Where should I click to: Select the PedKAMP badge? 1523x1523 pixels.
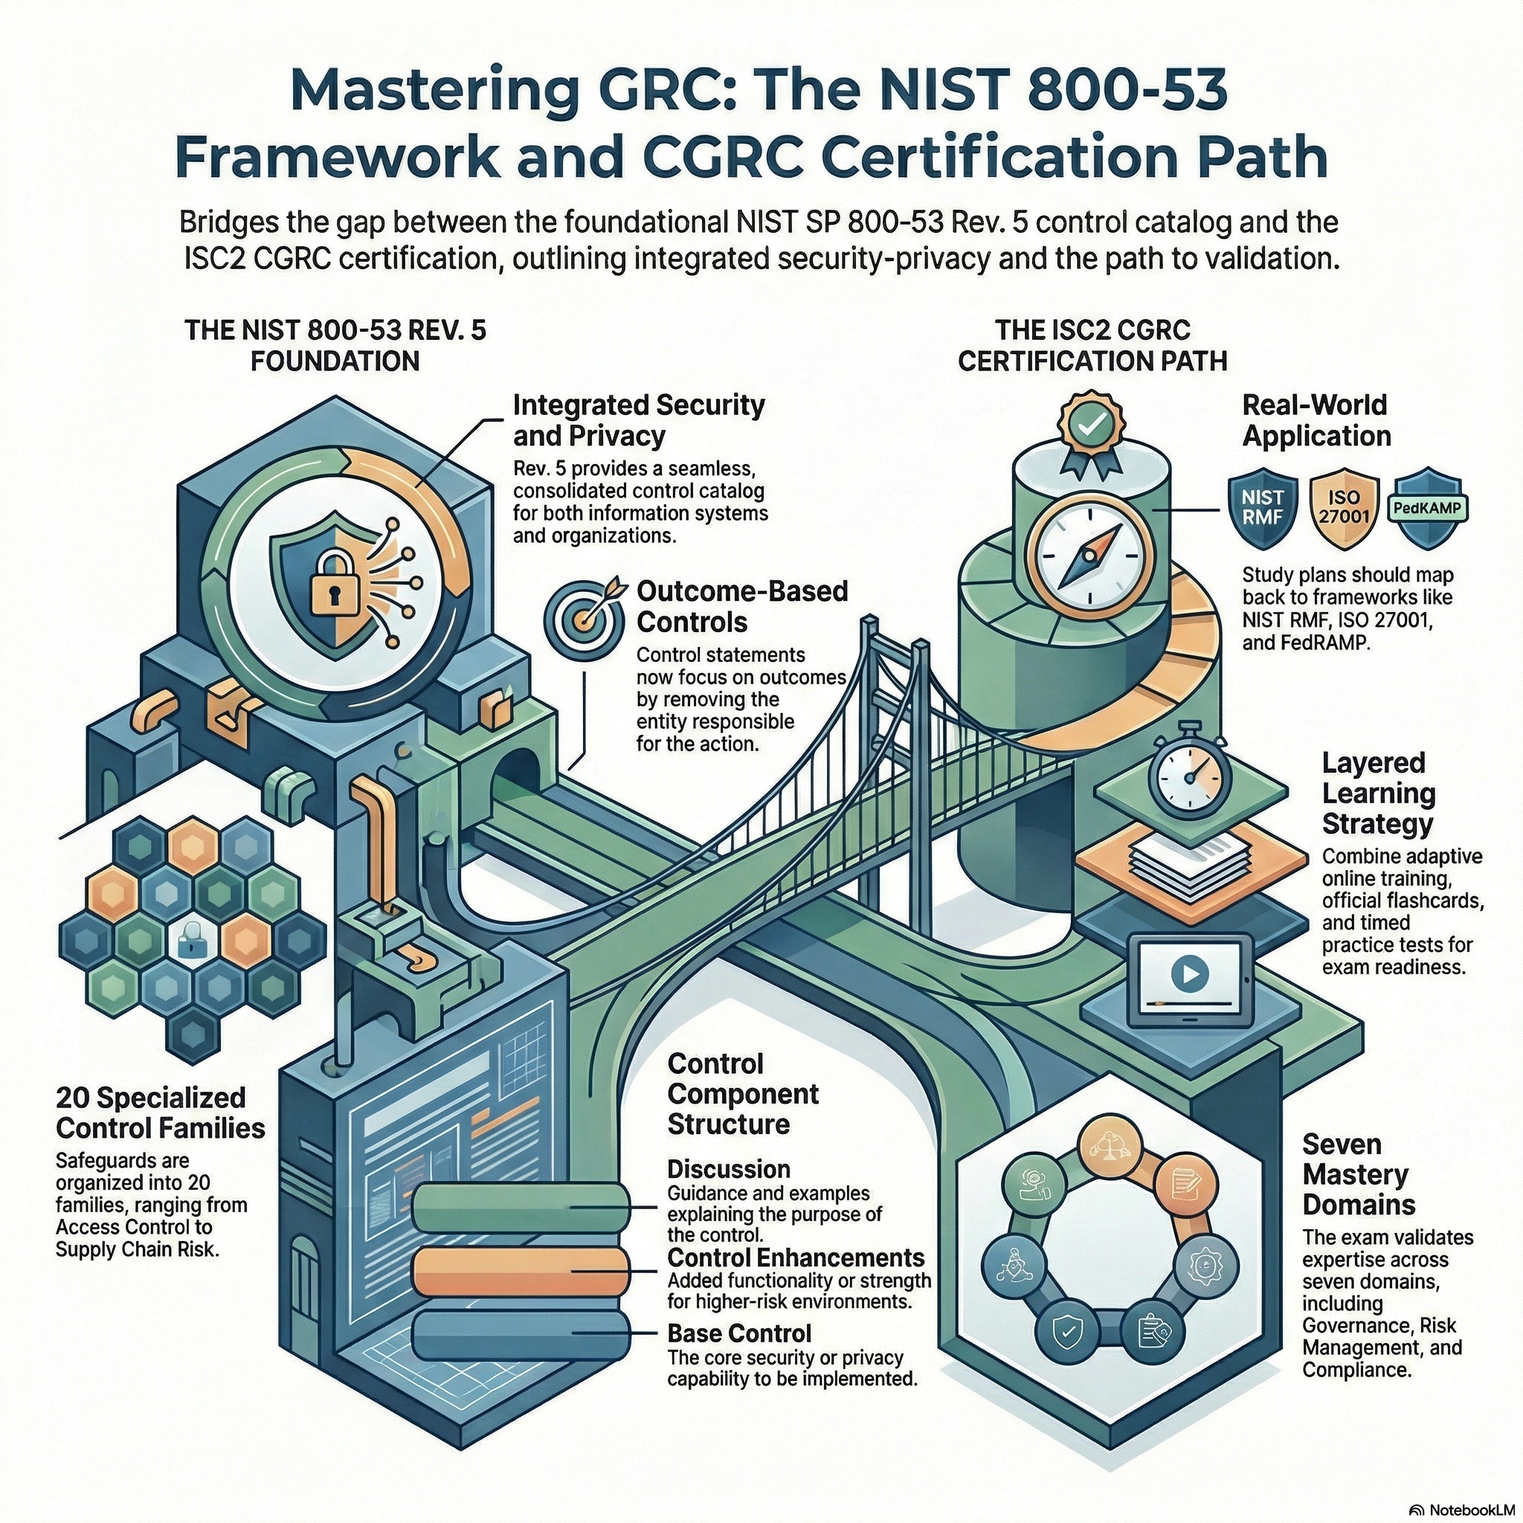(x=1432, y=508)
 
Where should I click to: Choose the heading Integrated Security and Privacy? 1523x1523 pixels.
(x=639, y=420)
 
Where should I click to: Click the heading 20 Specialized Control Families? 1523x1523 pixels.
(x=161, y=1113)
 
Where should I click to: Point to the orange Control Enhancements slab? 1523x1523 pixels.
(x=521, y=1272)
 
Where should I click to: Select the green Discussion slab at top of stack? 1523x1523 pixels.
(x=521, y=1206)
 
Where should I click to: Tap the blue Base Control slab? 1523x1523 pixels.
(x=521, y=1333)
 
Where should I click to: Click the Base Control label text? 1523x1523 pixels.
(x=738, y=1333)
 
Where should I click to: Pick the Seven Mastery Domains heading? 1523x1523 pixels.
(x=1358, y=1173)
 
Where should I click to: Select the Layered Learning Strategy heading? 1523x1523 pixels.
(x=1378, y=793)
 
